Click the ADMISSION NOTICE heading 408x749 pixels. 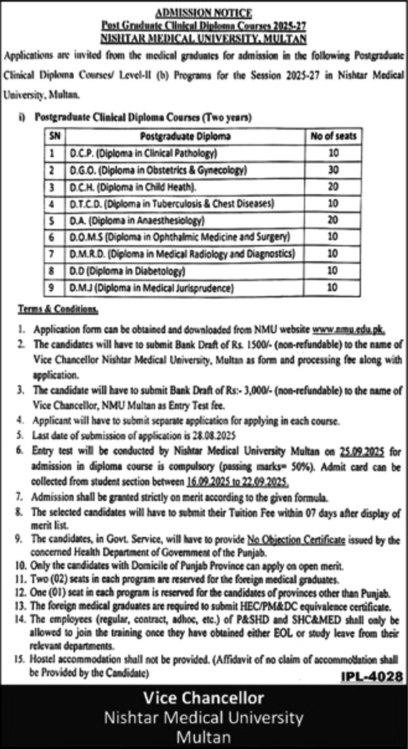pyautogui.click(x=203, y=13)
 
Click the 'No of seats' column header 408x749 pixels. pyautogui.click(x=333, y=136)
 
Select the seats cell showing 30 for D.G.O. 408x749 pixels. pyautogui.click(x=333, y=170)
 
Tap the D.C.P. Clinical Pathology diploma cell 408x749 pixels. pyautogui.click(x=144, y=153)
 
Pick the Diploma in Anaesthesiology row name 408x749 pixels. pyautogui.click(x=137, y=220)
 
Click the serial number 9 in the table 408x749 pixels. pyautogui.click(x=52, y=287)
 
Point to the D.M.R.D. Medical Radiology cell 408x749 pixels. pyautogui.click(x=183, y=254)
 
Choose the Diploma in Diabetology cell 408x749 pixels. pyautogui.click(x=128, y=271)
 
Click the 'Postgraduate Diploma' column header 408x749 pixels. pyautogui.click(x=185, y=136)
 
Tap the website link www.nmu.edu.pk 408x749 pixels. pyautogui.click(x=349, y=330)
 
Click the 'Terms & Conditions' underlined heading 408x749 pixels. pyautogui.click(x=58, y=309)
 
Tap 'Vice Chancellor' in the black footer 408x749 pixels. pyautogui.click(x=203, y=698)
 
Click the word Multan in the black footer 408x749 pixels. pyautogui.click(x=203, y=737)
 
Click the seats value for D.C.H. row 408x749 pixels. pyautogui.click(x=333, y=187)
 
